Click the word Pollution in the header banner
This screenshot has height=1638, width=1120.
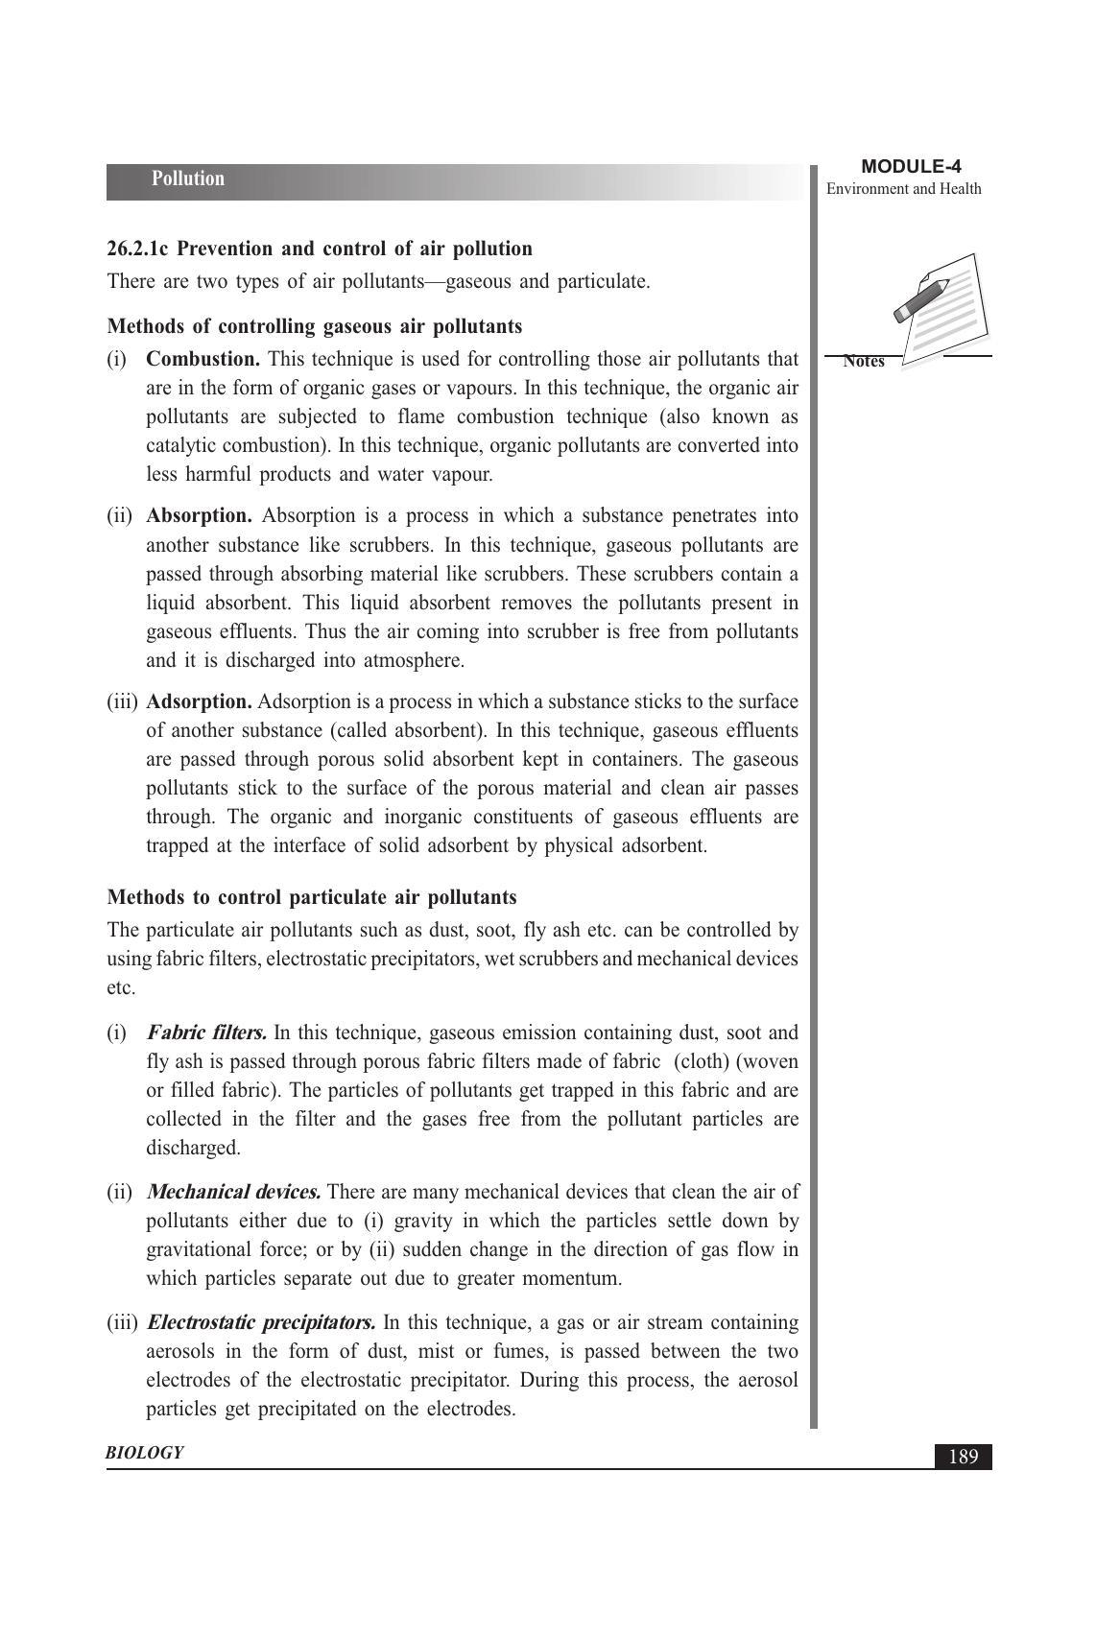187,179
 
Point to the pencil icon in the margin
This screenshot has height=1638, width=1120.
921,300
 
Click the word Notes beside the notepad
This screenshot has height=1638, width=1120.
864,362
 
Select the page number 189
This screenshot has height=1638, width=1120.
963,1457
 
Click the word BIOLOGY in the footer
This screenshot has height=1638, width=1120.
144,1453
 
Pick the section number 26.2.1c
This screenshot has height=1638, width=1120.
138,249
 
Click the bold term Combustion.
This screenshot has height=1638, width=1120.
203,360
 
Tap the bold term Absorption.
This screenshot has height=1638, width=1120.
199,516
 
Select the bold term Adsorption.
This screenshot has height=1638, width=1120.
199,702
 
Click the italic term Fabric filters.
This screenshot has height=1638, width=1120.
206,1033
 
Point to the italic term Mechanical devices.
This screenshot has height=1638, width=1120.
233,1193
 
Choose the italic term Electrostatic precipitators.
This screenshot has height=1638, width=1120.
261,1323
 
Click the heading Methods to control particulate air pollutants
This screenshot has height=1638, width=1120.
312,898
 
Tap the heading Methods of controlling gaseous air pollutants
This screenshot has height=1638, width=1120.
315,327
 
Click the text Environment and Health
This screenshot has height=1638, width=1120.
903,189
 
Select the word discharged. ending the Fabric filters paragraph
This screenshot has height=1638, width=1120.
193,1149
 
